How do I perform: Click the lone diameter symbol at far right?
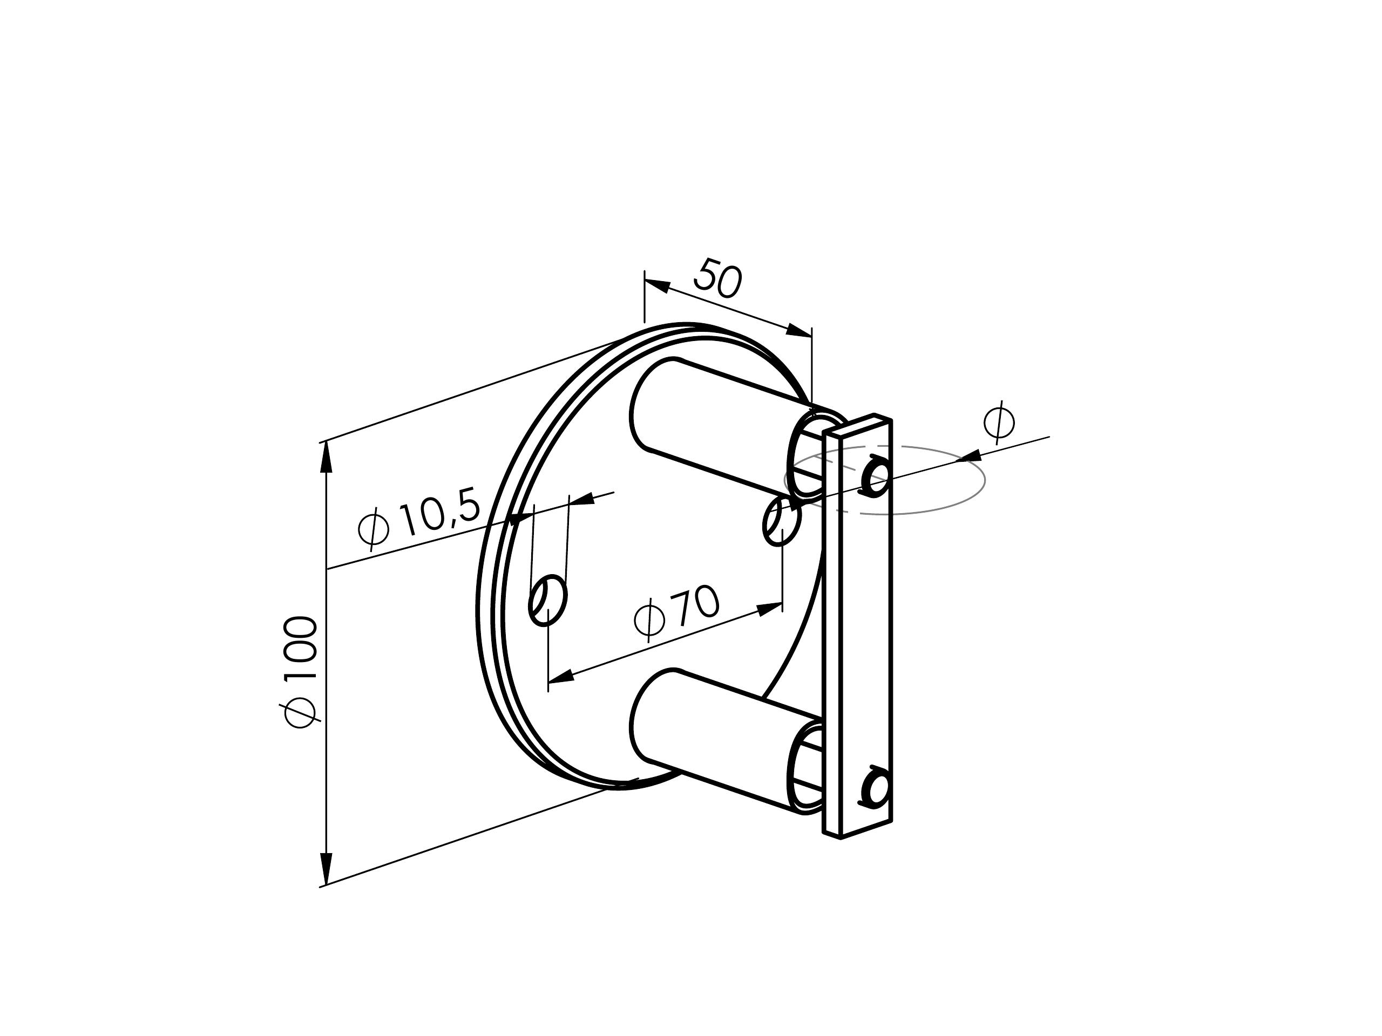[998, 422]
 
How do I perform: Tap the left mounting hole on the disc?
[548, 599]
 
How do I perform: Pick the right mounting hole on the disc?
[782, 521]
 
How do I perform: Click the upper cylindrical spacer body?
[719, 425]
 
